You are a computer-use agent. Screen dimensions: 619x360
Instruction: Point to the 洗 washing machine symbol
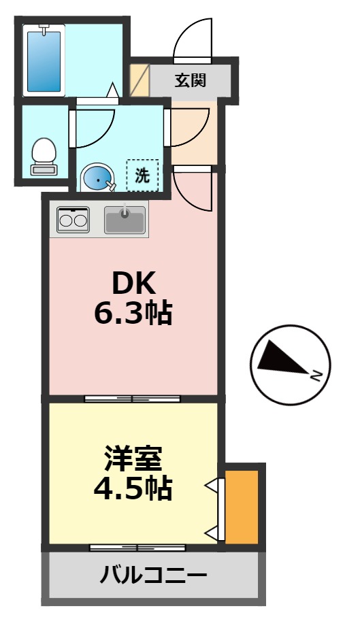click(142, 176)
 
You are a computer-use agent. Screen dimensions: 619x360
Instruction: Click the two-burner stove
click(73, 220)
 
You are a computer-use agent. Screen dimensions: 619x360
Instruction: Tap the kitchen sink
click(125, 220)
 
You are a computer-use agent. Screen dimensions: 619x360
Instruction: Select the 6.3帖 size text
click(133, 313)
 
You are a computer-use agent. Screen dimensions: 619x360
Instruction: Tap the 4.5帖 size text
click(133, 488)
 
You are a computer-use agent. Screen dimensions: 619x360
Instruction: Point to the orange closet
click(242, 506)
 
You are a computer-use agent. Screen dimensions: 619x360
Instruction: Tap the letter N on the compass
click(316, 375)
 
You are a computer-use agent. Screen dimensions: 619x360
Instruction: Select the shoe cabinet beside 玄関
click(139, 80)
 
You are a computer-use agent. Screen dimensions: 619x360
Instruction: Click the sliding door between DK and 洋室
click(132, 399)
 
